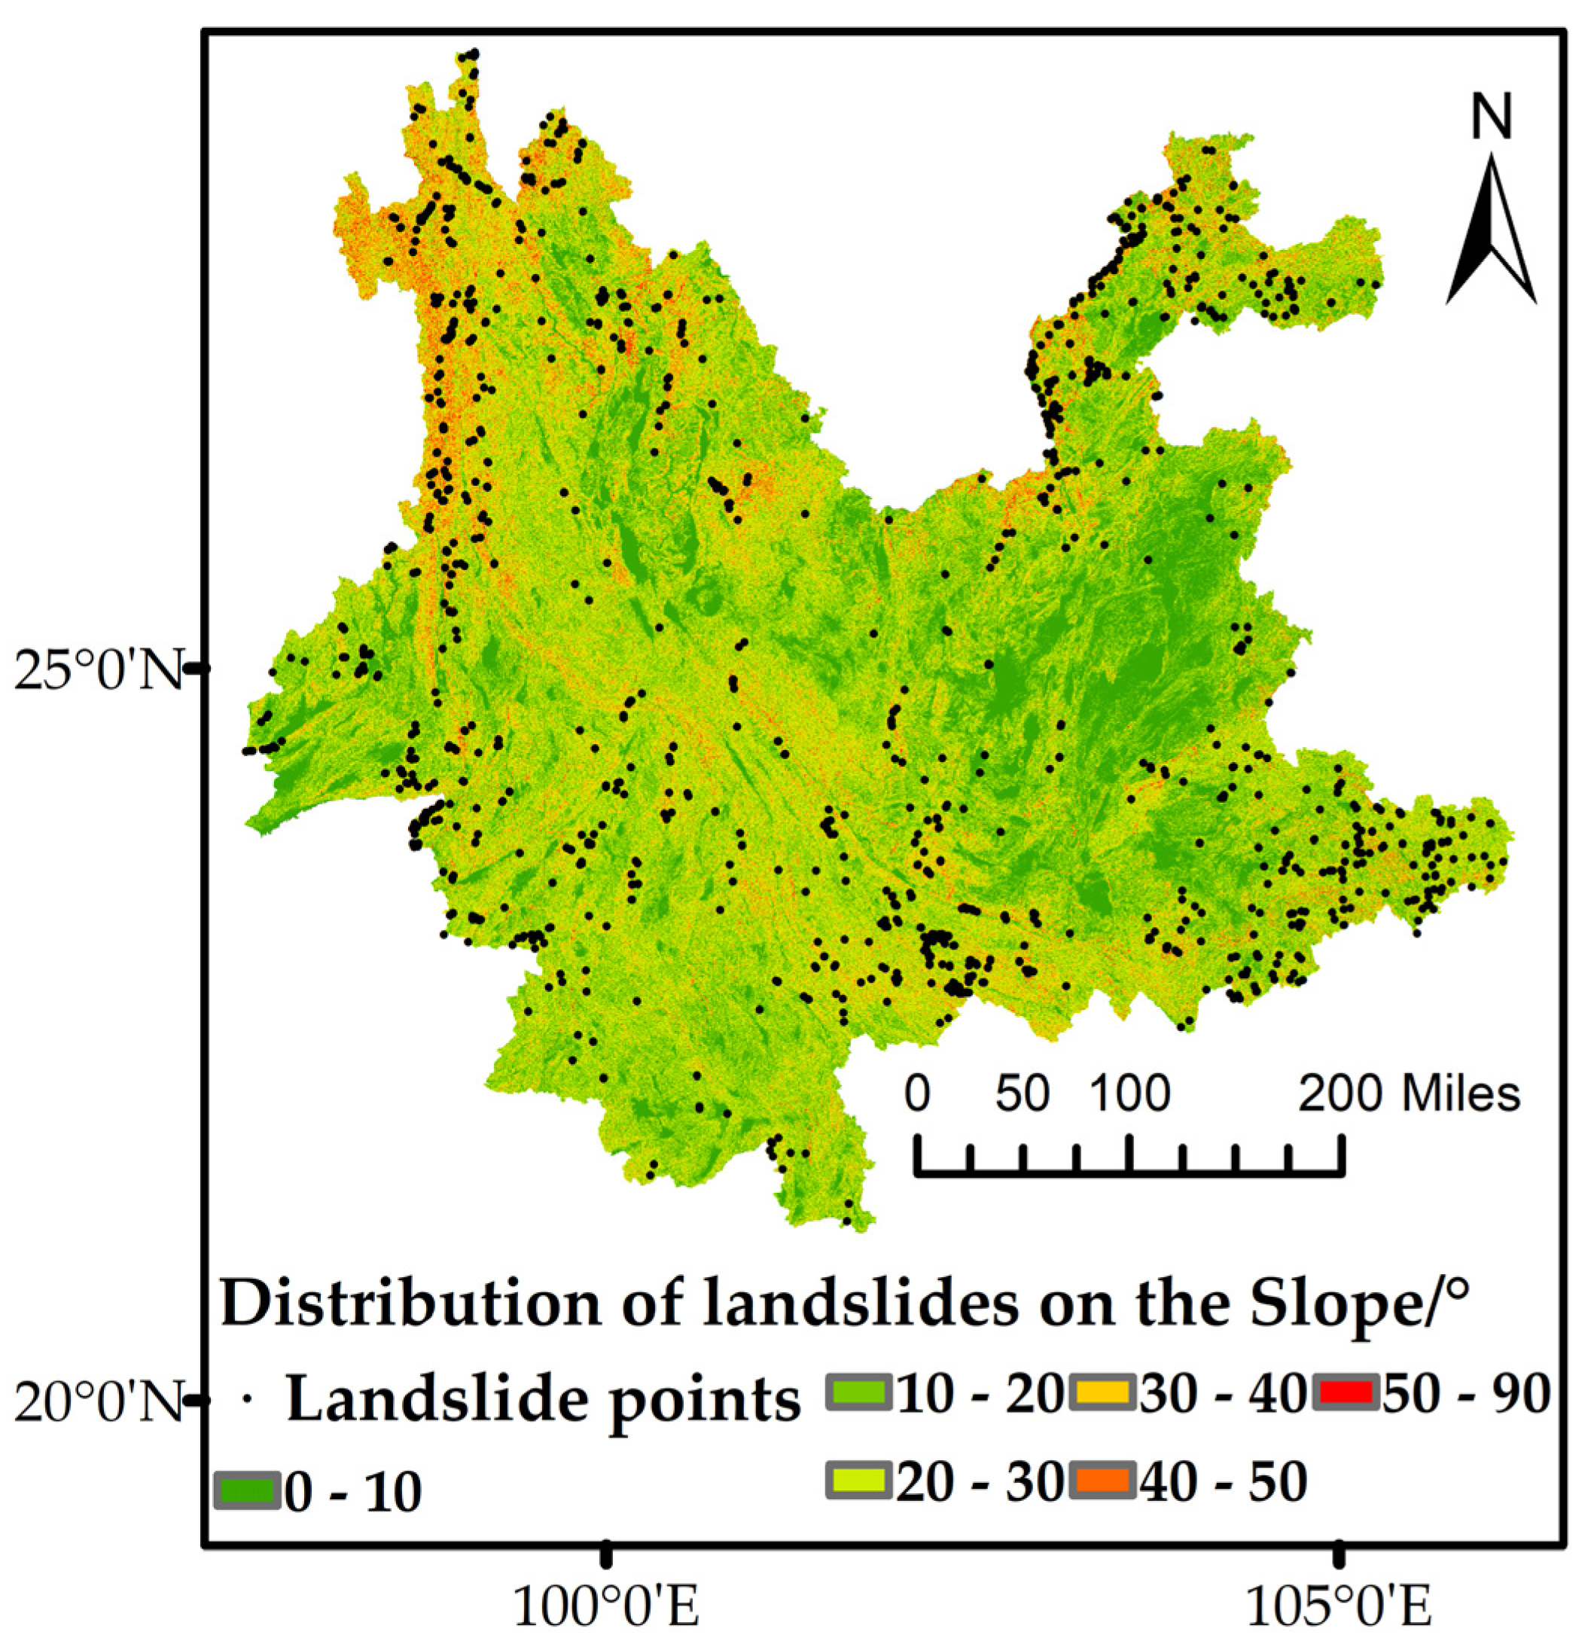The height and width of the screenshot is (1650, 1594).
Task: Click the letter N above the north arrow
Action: tap(1492, 117)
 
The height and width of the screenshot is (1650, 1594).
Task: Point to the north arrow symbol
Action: tap(1492, 231)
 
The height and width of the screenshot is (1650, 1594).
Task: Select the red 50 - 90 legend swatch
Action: tap(1346, 1393)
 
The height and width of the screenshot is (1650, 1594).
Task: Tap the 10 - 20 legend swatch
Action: tap(858, 1393)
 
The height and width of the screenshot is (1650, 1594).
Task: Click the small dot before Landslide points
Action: tap(248, 1399)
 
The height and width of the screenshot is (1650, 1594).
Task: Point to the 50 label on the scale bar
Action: tap(1023, 1094)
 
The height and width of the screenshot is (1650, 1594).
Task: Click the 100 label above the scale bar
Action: tap(1129, 1094)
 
